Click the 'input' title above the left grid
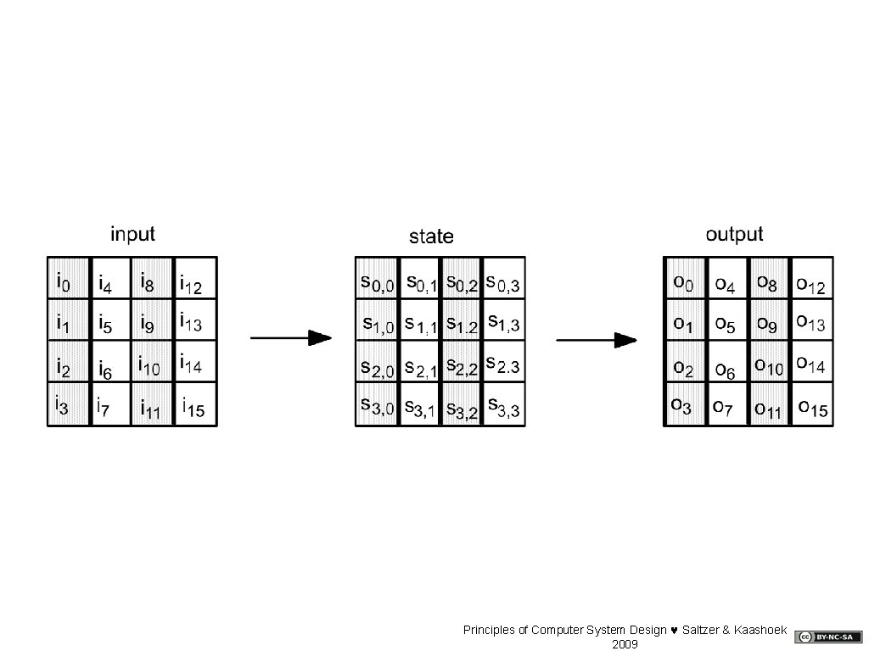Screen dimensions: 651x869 coord(132,233)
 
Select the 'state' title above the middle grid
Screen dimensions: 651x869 coord(431,236)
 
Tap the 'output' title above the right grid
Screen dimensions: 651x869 coord(734,233)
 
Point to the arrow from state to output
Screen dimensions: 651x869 coord(596,340)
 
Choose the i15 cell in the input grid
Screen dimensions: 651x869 coord(195,404)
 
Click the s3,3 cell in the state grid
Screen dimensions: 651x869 coord(504,404)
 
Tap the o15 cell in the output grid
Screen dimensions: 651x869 coord(811,404)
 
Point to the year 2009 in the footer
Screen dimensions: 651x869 coord(625,644)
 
